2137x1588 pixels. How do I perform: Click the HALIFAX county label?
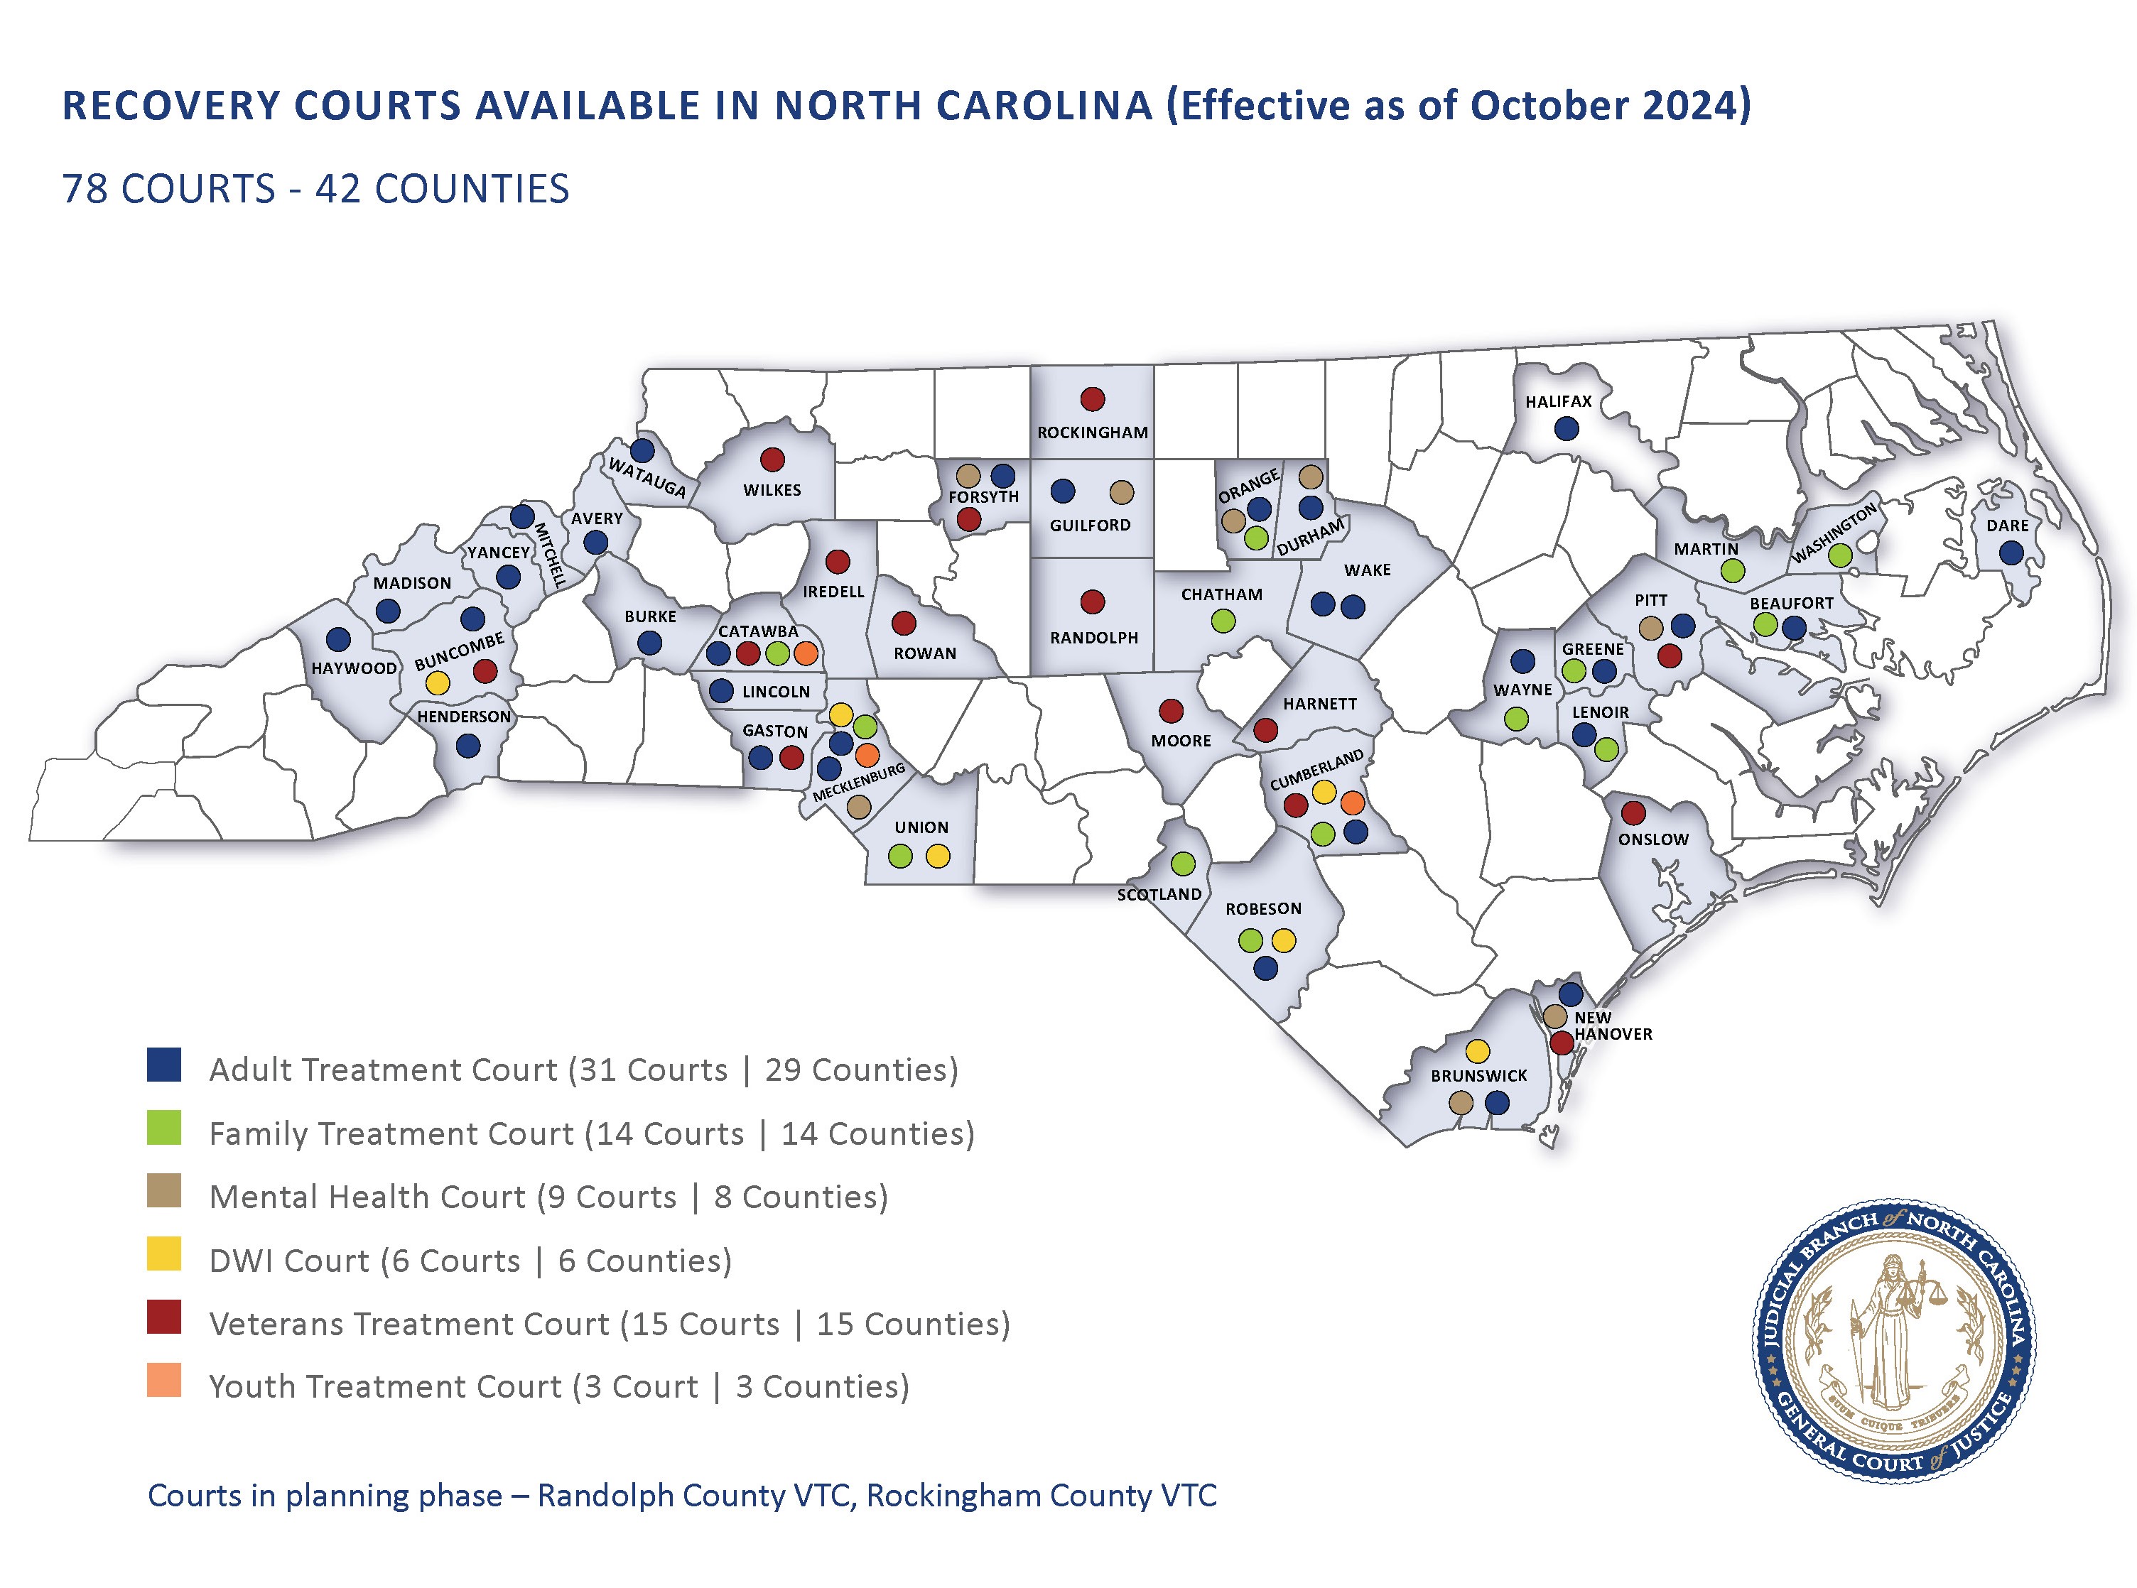[1558, 402]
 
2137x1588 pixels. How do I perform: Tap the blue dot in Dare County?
[2010, 553]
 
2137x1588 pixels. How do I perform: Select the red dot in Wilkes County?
[772, 459]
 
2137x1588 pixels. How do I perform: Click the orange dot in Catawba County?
[806, 653]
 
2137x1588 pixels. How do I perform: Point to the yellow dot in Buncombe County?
[438, 683]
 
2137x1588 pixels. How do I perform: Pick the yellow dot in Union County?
[937, 856]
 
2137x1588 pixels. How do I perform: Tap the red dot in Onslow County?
[1633, 813]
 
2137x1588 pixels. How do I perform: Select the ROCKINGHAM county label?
[1092, 433]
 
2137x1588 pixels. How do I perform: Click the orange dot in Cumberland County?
[1351, 802]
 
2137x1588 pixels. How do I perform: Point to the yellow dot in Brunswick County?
[1478, 1050]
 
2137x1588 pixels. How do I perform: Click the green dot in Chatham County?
[1223, 621]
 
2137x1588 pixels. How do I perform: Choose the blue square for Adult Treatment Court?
[164, 1066]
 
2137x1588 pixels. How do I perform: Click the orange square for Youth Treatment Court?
[164, 1381]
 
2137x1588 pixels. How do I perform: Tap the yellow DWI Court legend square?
[164, 1256]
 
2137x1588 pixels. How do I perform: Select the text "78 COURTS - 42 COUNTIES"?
[315, 190]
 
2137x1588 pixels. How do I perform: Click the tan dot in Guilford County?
[1121, 492]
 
